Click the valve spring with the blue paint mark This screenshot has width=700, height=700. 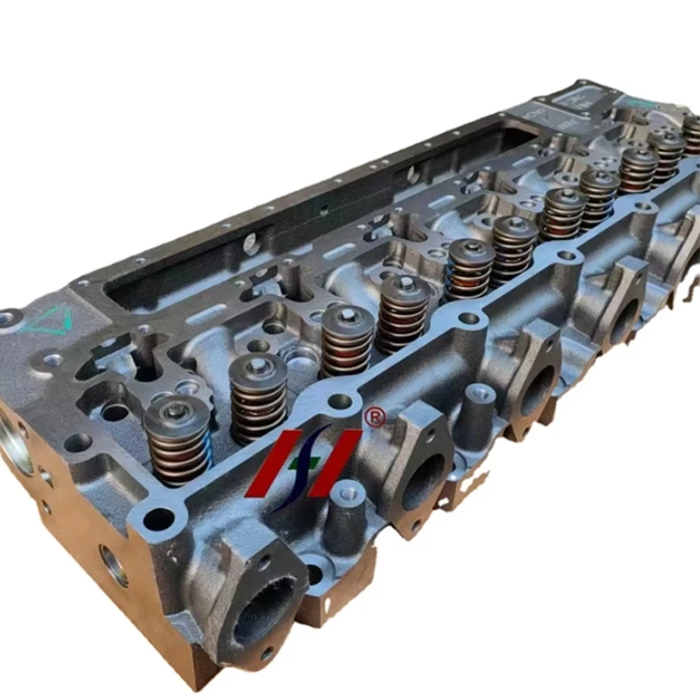178,435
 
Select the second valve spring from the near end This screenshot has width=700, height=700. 259,396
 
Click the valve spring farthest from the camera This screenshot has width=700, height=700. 691,133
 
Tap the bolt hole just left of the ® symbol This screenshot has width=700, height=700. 339,401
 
